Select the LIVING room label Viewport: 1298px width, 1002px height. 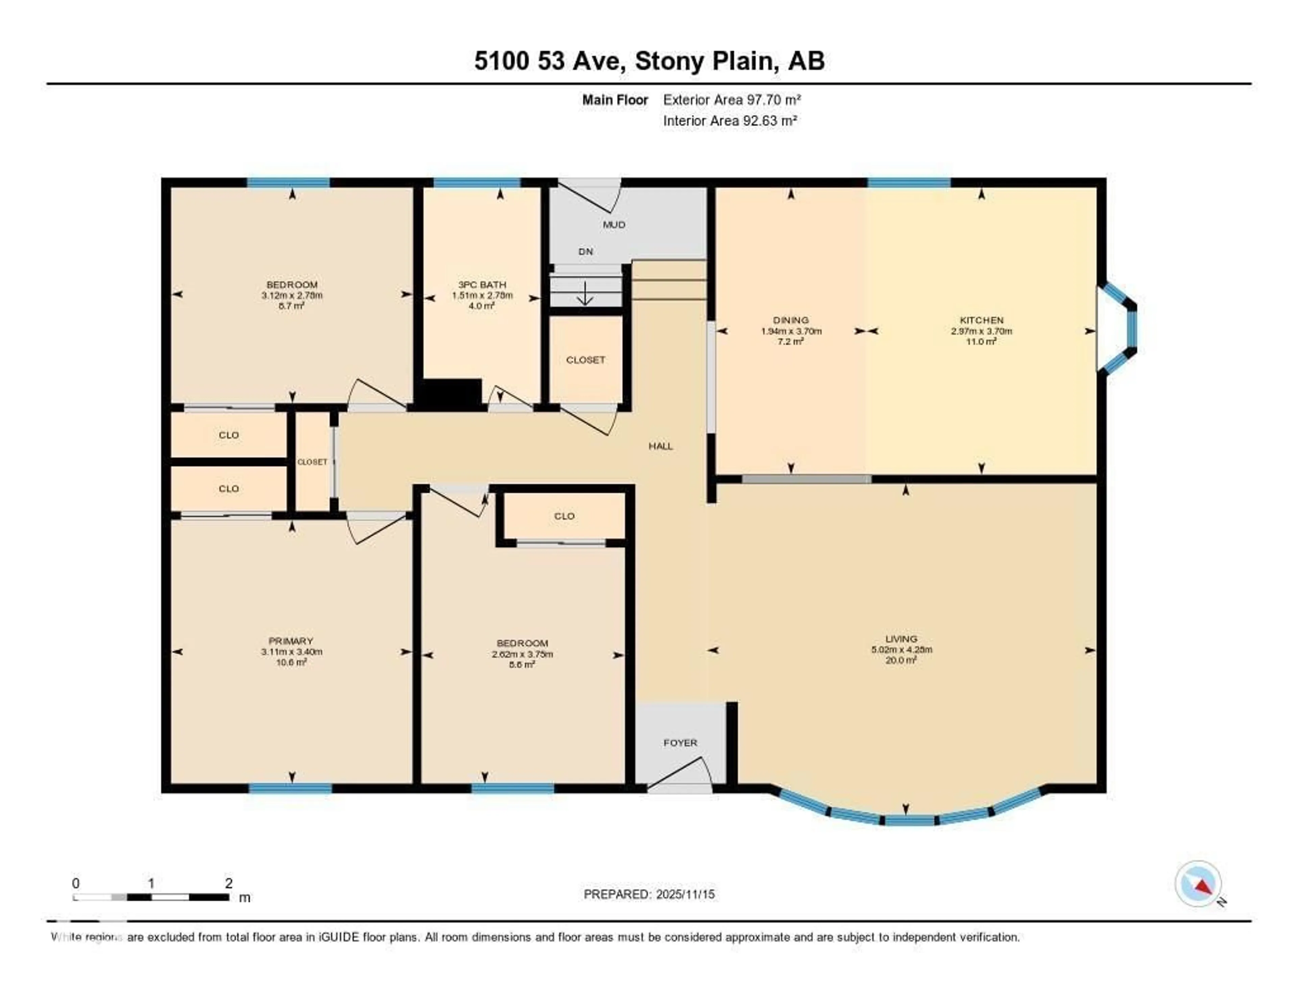pyautogui.click(x=901, y=639)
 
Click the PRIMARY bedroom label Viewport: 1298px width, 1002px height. pyautogui.click(x=291, y=641)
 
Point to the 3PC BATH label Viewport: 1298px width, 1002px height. pyautogui.click(x=482, y=284)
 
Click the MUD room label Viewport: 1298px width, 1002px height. pyautogui.click(x=614, y=225)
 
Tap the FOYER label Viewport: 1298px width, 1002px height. pyautogui.click(x=680, y=743)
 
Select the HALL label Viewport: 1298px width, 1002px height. pyautogui.click(x=660, y=446)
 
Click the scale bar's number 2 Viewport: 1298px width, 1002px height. pyautogui.click(x=229, y=883)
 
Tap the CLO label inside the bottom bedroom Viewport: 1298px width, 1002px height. pyautogui.click(x=564, y=516)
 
